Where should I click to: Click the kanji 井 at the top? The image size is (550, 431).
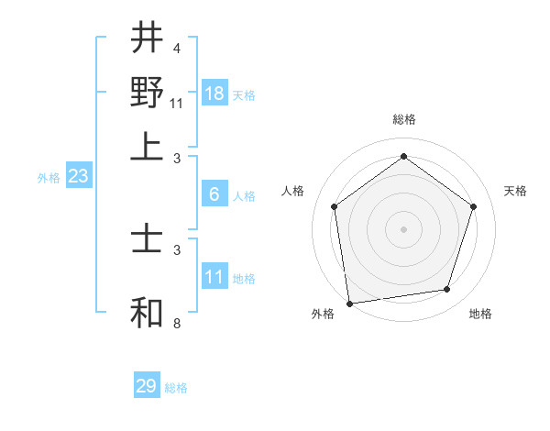coord(147,39)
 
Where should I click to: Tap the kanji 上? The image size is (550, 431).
coord(147,146)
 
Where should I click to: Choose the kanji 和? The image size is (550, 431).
coord(147,313)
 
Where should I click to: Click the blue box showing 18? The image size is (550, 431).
coord(214,94)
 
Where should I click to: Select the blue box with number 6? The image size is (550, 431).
coord(214,194)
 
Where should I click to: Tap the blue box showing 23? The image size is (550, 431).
coord(78,177)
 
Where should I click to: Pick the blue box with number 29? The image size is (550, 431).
coord(147,386)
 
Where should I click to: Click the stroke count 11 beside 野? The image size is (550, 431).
coord(177,104)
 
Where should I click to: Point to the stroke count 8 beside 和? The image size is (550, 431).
coord(177,324)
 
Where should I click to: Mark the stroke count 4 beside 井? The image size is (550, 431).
coord(177,49)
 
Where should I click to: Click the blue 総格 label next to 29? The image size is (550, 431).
coord(176,388)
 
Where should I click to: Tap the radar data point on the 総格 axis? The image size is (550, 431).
coord(403,157)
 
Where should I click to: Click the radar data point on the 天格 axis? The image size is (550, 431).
coord(473,206)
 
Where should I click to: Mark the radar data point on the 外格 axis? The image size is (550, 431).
coord(349,303)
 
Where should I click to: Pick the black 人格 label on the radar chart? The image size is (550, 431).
coord(292,191)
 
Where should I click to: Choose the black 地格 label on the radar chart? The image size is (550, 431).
coord(480,315)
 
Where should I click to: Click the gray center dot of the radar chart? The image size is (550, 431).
coord(403,228)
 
